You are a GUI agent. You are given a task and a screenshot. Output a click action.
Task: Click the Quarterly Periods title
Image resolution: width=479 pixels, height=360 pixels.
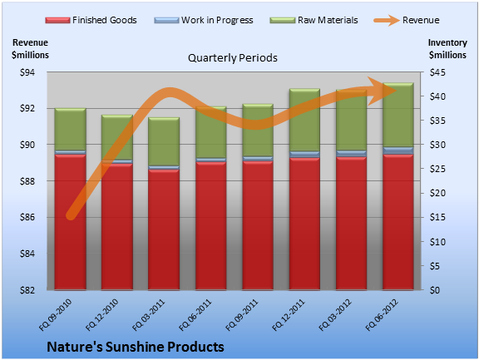(233, 57)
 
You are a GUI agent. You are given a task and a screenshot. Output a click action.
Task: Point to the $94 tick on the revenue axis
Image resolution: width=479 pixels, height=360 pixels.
(27, 72)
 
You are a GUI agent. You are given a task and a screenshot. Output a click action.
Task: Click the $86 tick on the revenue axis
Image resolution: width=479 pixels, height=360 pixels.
(27, 217)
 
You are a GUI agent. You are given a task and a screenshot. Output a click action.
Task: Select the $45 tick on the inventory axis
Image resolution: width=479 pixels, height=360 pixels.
(437, 72)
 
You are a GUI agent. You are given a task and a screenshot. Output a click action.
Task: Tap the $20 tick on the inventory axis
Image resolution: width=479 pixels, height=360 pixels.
(437, 193)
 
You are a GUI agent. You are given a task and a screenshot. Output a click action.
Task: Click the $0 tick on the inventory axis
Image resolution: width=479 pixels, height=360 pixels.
(435, 290)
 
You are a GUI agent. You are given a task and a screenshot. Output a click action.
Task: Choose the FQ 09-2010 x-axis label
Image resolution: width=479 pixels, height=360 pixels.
(55, 315)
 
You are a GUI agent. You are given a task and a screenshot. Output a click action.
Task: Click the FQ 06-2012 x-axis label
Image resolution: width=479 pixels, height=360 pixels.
(382, 315)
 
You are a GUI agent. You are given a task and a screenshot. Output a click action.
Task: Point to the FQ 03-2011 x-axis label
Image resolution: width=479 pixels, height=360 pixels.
(149, 315)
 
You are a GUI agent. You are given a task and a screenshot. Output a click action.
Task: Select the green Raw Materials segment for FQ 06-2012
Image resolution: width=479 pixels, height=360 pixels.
(398, 115)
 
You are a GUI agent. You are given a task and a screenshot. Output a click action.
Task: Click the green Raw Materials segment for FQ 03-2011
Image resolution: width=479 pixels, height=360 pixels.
(164, 141)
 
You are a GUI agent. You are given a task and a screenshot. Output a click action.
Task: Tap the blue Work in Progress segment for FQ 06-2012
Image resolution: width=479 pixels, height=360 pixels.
(398, 150)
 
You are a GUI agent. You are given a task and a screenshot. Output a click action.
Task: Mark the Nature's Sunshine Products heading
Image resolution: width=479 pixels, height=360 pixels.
(136, 347)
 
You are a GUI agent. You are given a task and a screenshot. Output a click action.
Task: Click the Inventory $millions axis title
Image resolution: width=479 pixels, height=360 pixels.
(447, 49)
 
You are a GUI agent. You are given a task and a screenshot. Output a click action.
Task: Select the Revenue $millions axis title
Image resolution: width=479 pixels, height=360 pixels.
(30, 49)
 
